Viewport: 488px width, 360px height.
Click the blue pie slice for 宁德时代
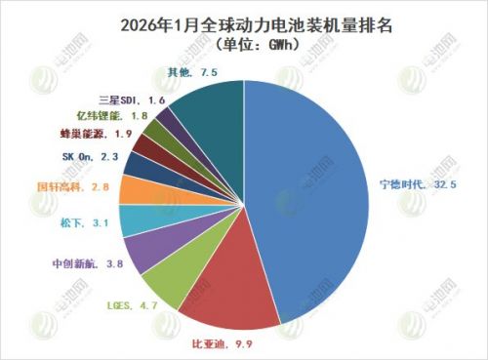point(312,195)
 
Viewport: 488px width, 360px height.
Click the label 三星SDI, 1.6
point(131,100)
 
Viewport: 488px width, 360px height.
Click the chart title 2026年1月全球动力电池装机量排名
point(243,20)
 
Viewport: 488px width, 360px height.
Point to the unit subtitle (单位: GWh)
point(243,42)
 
